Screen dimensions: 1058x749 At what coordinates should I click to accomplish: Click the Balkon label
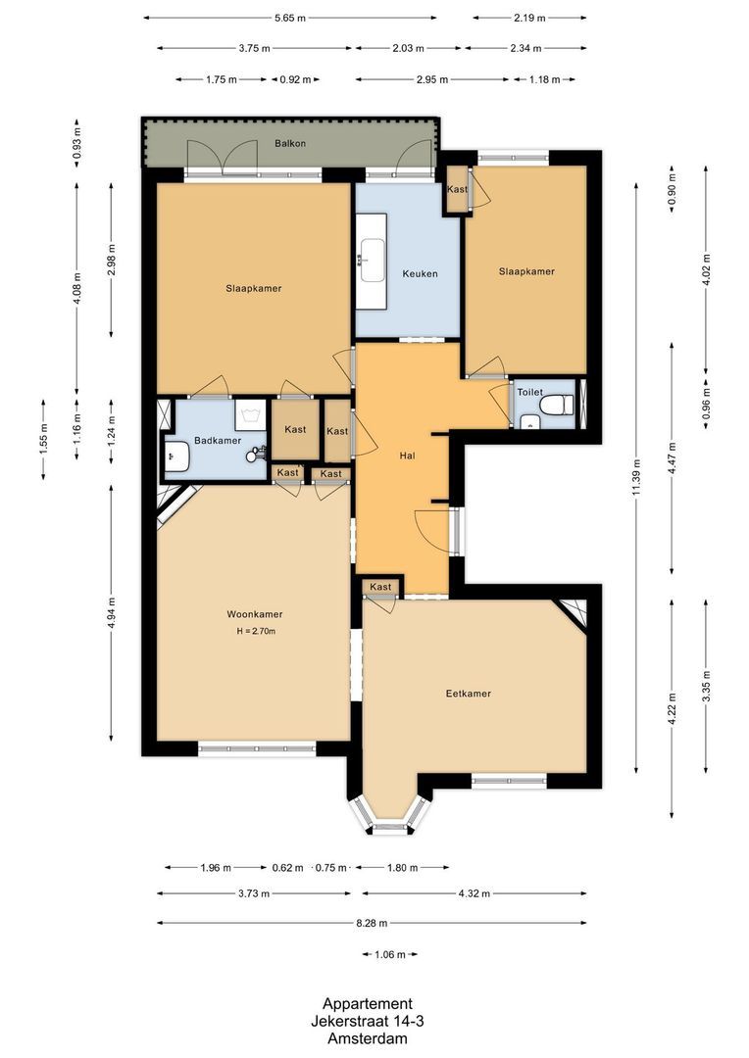[x=290, y=144]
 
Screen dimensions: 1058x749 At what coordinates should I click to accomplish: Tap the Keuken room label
[x=420, y=273]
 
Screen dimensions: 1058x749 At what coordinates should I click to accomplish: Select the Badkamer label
[x=217, y=441]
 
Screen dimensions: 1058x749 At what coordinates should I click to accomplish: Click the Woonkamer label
[x=255, y=614]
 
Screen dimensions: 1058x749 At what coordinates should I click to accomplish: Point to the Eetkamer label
[x=468, y=694]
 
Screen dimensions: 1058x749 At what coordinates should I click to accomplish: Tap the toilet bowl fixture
[x=556, y=405]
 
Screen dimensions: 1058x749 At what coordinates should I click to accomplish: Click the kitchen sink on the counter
[x=372, y=259]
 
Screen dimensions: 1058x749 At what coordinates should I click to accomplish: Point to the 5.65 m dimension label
[x=290, y=18]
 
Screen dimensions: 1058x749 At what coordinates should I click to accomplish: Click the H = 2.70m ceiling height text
[x=256, y=631]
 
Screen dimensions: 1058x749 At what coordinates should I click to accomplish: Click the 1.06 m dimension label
[x=390, y=954]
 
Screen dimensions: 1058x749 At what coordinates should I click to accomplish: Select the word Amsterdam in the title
[x=368, y=1039]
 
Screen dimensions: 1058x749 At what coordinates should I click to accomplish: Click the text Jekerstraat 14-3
[x=368, y=1022]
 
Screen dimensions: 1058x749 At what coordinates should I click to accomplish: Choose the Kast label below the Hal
[x=380, y=587]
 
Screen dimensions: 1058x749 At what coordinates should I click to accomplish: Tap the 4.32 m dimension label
[x=474, y=893]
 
